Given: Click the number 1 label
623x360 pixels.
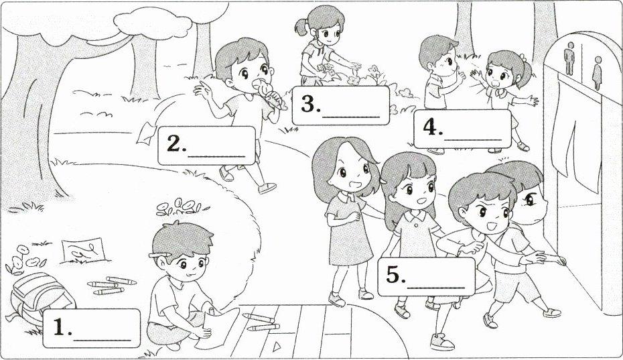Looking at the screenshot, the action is click(x=91, y=328).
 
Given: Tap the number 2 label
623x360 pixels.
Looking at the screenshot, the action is click(x=206, y=145).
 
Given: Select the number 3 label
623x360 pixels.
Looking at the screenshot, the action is click(x=340, y=105).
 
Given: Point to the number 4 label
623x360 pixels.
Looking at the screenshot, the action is click(x=462, y=129).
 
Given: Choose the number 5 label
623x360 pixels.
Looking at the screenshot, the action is click(x=426, y=276).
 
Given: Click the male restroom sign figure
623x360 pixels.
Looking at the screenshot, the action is click(x=570, y=58).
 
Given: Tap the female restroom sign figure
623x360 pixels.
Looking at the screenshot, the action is click(x=597, y=73).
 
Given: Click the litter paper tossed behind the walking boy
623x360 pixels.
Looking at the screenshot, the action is click(x=146, y=133).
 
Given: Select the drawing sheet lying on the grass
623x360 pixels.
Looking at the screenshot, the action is click(x=84, y=250).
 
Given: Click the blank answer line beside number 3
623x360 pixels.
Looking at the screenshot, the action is click(x=351, y=117).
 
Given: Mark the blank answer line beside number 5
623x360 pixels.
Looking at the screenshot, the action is click(x=436, y=287).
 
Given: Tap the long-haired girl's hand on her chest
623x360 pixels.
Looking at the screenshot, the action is click(x=352, y=217).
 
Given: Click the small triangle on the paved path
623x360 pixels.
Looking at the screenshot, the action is click(x=277, y=347).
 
